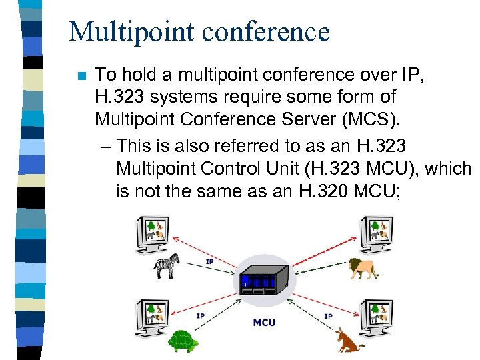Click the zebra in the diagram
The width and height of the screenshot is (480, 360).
pos(167,265)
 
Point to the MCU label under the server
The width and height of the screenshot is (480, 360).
pos(265,323)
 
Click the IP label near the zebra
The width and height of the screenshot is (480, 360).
pos(209,261)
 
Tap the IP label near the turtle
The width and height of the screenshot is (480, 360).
pos(201,315)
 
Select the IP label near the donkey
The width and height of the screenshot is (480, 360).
pos(329,315)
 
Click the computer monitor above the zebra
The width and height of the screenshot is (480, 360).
pos(155,233)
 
